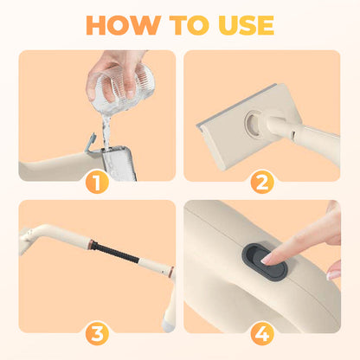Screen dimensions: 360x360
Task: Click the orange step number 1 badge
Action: [97, 183]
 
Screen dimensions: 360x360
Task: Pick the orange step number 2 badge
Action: [262, 183]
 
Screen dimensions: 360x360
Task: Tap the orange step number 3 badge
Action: [97, 333]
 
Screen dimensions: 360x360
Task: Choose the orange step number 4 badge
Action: [262, 333]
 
